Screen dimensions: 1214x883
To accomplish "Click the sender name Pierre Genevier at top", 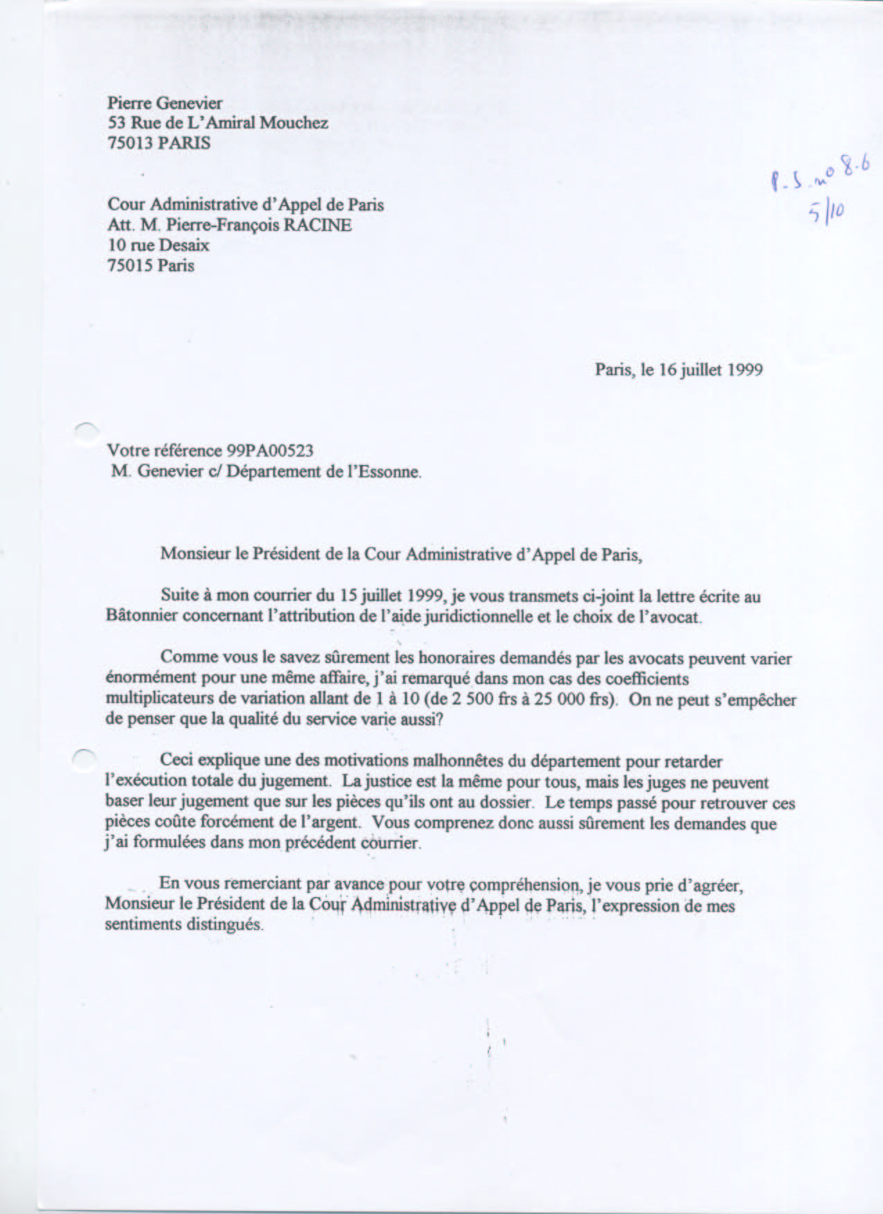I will tap(165, 103).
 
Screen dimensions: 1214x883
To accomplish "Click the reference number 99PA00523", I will tap(270, 451).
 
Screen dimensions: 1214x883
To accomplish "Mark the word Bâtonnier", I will tap(142, 617).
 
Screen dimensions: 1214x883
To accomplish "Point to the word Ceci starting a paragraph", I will tap(176, 761).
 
